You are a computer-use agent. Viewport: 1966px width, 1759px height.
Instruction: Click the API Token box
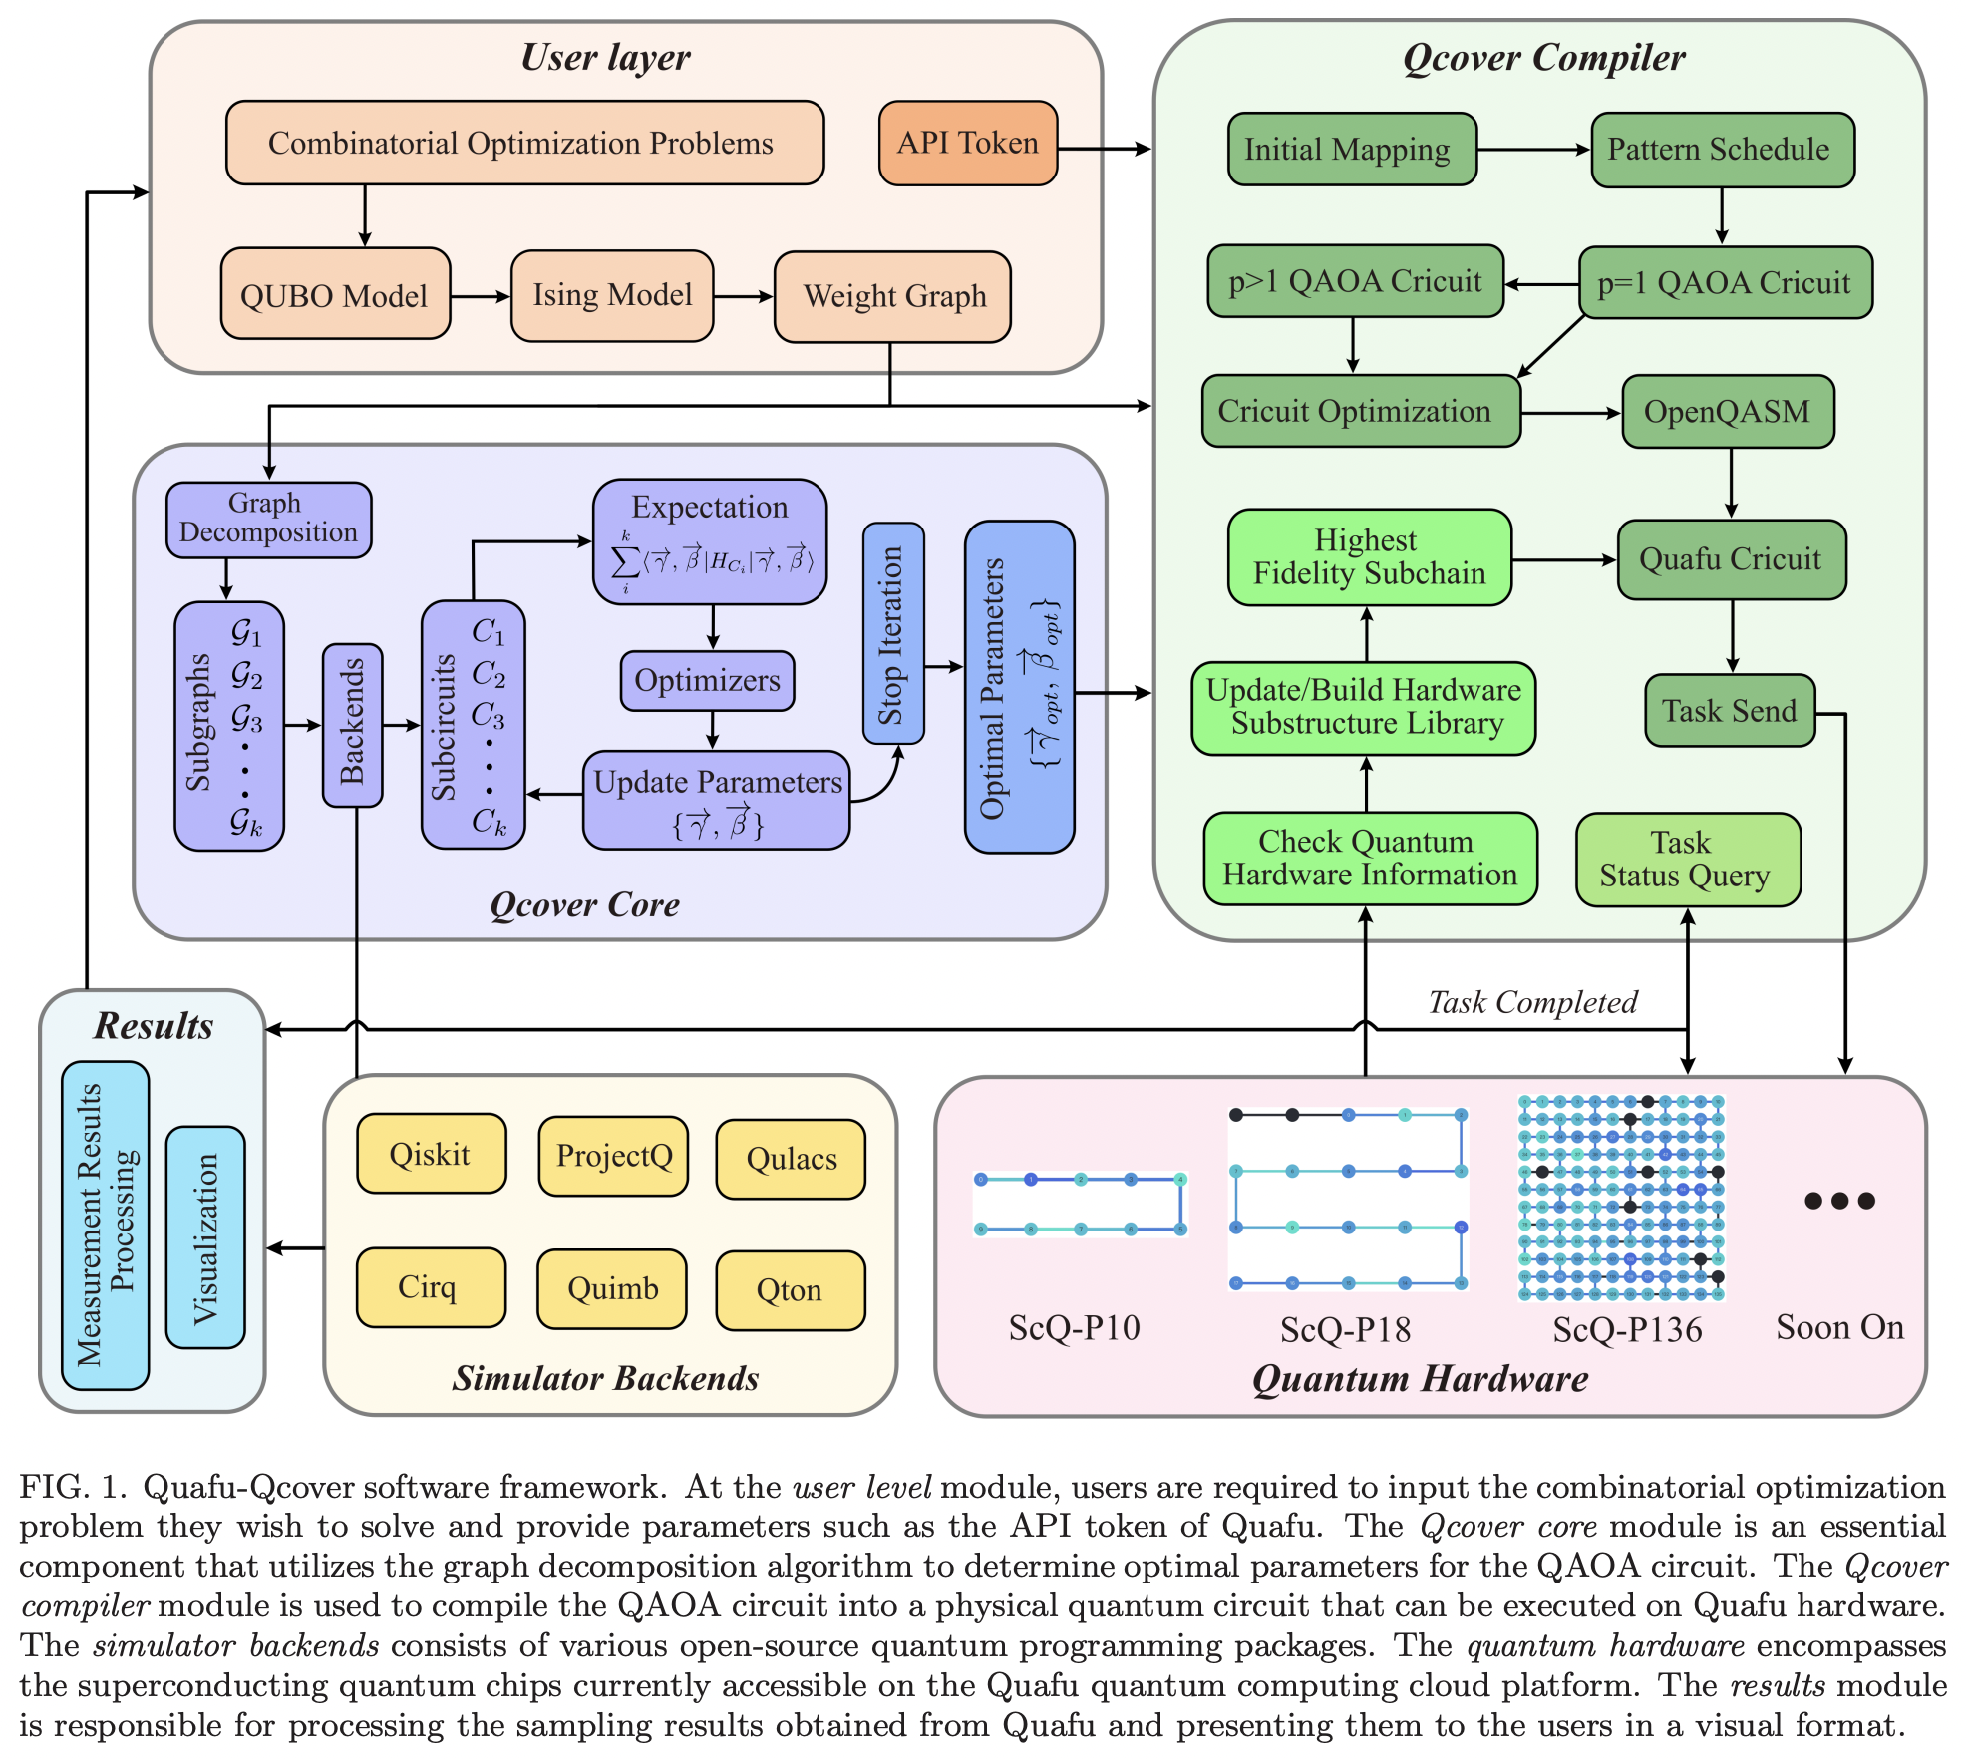pyautogui.click(x=967, y=143)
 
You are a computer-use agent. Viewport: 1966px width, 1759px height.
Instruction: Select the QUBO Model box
pyautogui.click(x=335, y=295)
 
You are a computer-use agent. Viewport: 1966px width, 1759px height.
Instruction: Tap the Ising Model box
pyautogui.click(x=612, y=295)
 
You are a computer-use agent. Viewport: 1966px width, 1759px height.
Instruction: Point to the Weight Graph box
pyautogui.click(x=893, y=296)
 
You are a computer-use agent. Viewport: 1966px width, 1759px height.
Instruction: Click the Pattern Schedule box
pyautogui.click(x=1722, y=150)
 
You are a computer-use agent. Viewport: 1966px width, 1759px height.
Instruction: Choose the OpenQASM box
pyautogui.click(x=1728, y=412)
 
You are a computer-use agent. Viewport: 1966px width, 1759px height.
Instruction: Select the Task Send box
pyautogui.click(x=1729, y=711)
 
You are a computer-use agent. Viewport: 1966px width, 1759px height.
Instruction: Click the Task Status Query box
pyautogui.click(x=1687, y=860)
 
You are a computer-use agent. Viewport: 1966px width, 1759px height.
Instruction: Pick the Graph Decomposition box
pyautogui.click(x=268, y=519)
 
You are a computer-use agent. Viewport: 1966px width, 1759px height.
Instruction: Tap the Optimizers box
pyautogui.click(x=707, y=681)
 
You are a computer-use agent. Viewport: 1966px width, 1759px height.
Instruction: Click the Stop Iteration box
pyautogui.click(x=892, y=633)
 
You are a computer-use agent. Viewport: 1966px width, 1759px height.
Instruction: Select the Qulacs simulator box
pyautogui.click(x=791, y=1159)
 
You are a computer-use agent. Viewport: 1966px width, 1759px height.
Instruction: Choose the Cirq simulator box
pyautogui.click(x=430, y=1287)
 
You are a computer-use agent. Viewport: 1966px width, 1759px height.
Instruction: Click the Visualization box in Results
pyautogui.click(x=205, y=1236)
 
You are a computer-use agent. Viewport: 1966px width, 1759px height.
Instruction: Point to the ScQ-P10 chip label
pyautogui.click(x=1074, y=1328)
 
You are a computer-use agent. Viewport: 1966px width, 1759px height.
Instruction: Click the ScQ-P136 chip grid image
pyautogui.click(x=1621, y=1197)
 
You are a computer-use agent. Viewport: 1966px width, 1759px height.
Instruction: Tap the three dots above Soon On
pyautogui.click(x=1839, y=1201)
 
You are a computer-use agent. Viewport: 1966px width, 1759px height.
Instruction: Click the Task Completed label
pyautogui.click(x=1532, y=1002)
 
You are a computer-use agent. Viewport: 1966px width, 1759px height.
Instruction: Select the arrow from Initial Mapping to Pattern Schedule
pyautogui.click(x=1533, y=150)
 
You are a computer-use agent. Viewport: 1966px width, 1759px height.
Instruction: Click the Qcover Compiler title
pyautogui.click(x=1542, y=58)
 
